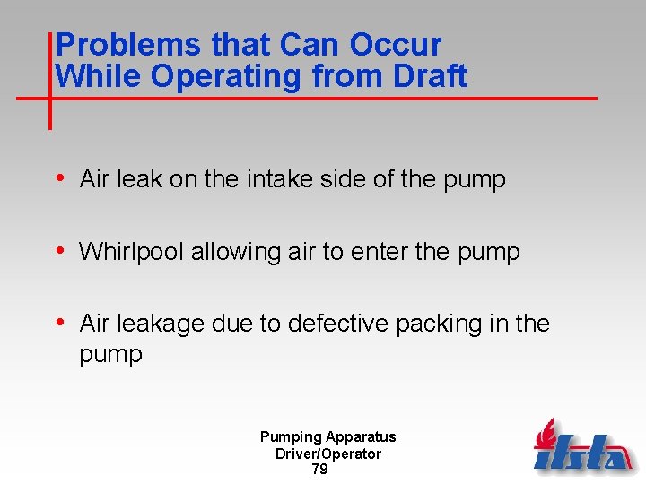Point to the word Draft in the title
[x=430, y=76]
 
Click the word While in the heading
[x=99, y=76]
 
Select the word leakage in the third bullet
[x=161, y=324]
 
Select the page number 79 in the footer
[x=319, y=469]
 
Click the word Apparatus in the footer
[x=361, y=437]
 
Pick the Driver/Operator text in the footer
[x=328, y=454]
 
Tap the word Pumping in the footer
[x=291, y=437]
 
